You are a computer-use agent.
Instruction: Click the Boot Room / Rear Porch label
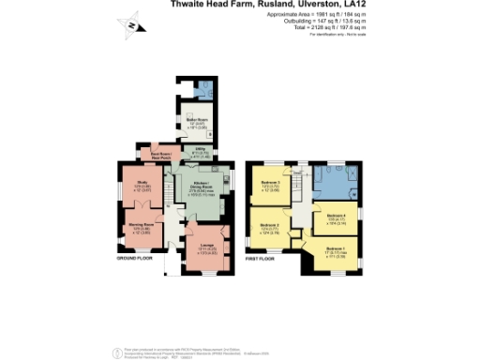[x=148, y=156]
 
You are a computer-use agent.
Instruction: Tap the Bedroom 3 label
[x=270, y=184]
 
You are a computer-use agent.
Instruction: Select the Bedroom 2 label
[x=270, y=227]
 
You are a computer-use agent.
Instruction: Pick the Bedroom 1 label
[x=336, y=249]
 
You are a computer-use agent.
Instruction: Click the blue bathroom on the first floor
[x=331, y=182]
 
